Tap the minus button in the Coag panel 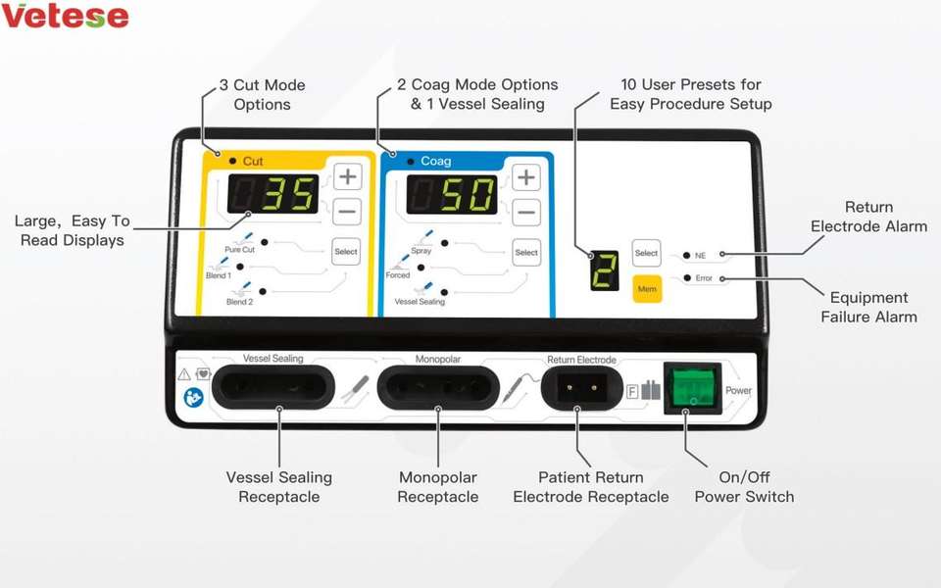[526, 212]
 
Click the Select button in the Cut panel [346, 252]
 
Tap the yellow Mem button [647, 289]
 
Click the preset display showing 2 [605, 270]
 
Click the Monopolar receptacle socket [438, 387]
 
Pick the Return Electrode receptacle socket [576, 387]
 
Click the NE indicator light [686, 255]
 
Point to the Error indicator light [686, 278]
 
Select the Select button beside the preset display [647, 253]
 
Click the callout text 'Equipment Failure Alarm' [868, 307]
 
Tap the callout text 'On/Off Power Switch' [744, 487]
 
